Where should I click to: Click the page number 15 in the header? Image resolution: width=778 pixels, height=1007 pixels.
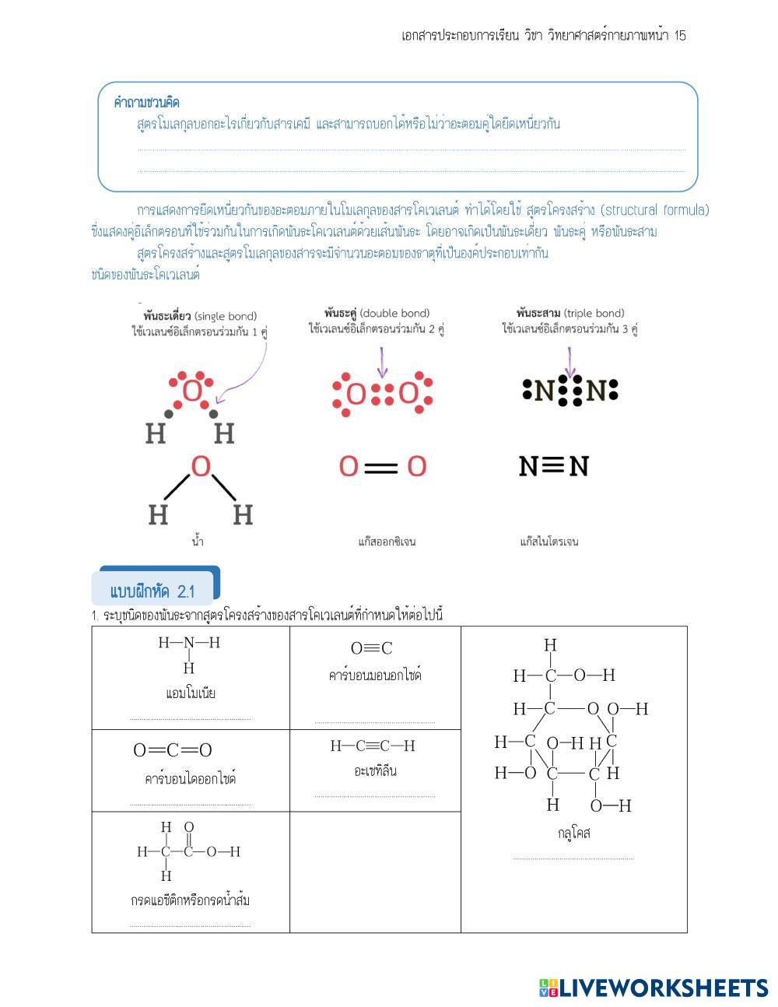680,36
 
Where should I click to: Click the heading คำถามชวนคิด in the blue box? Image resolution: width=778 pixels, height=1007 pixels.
147,103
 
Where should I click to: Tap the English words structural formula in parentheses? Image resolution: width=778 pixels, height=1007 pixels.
656,210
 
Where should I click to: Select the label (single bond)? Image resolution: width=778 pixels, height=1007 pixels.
225,316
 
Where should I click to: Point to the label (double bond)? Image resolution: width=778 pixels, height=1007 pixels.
394,314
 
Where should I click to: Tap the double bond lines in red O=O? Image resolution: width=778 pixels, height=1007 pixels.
381,468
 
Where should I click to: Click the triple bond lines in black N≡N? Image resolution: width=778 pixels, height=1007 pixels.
552,465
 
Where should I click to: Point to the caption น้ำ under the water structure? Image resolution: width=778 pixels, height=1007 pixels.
198,541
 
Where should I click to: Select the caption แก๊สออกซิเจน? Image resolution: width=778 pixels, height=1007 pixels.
387,542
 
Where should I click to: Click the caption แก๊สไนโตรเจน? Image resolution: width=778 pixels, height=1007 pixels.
549,542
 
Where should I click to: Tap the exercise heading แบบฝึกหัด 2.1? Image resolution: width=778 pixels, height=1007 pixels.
152,591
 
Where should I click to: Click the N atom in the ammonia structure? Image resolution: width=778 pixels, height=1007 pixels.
188,643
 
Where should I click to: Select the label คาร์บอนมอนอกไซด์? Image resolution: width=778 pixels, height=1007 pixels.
375,675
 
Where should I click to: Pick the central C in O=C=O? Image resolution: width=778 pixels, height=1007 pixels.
173,750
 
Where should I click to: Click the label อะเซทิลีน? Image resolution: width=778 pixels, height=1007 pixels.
375,771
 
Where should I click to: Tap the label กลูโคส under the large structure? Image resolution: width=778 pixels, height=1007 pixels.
573,833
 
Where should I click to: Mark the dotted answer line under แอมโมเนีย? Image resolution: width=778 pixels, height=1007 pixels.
190,719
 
